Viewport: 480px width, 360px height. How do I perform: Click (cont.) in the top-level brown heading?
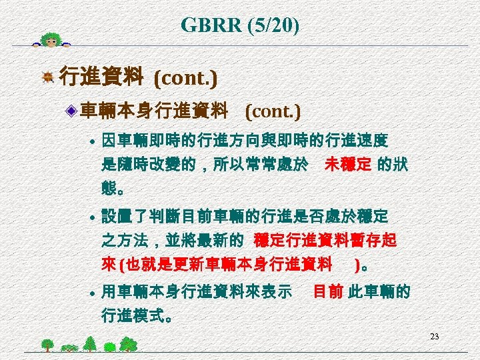point(185,79)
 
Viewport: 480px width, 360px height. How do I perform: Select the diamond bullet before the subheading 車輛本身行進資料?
point(72,110)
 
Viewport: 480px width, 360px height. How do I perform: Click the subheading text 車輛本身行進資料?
point(154,110)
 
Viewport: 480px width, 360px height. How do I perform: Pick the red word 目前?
point(328,291)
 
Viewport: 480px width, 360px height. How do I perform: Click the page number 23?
point(434,336)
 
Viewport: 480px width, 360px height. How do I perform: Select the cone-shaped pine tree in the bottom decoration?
point(90,343)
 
